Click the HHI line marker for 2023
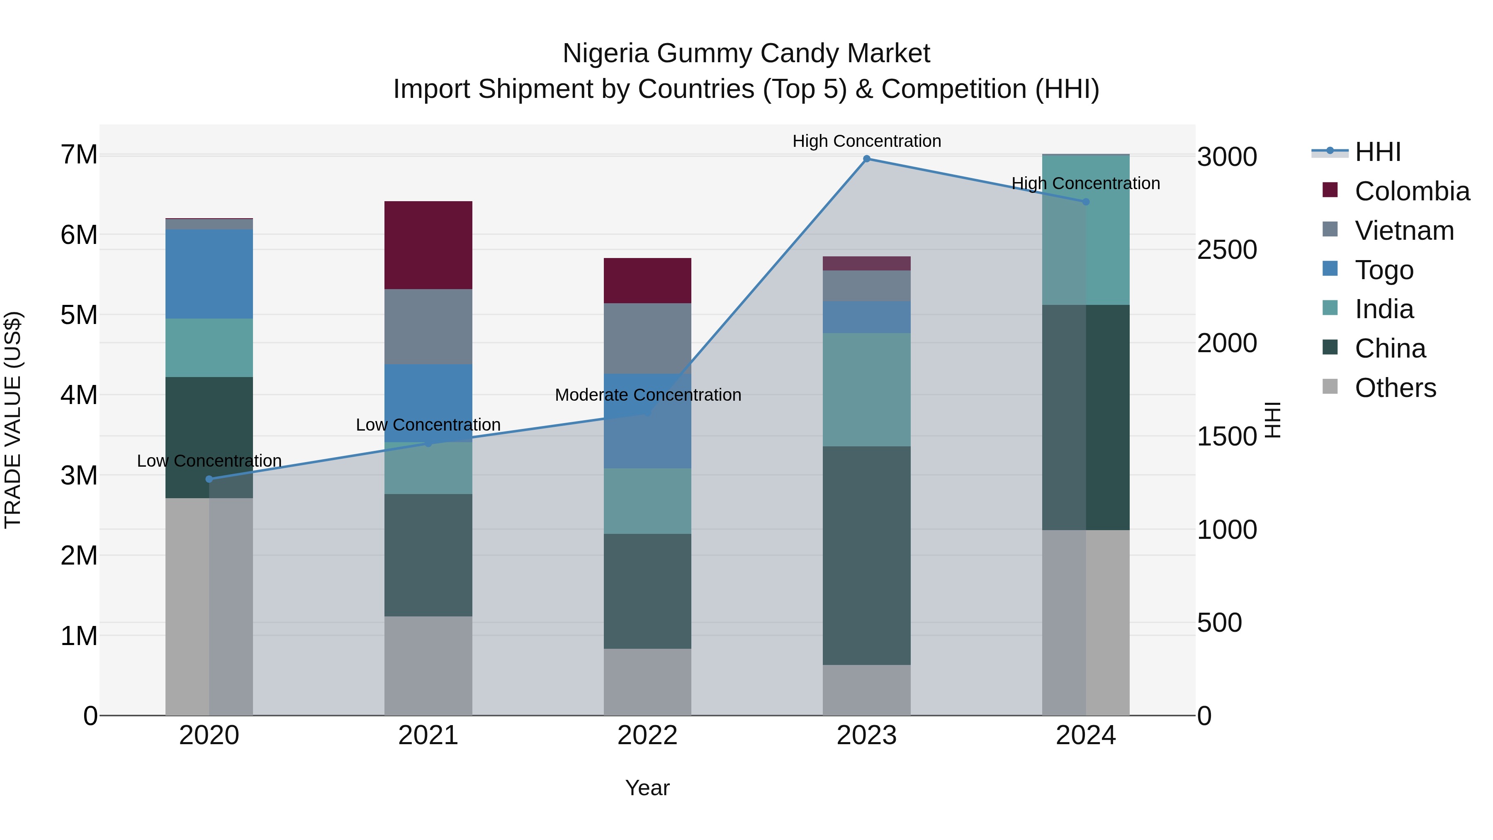click(x=866, y=159)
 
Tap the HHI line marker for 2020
click(x=209, y=479)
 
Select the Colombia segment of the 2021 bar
click(x=428, y=245)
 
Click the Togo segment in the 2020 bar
click(x=209, y=274)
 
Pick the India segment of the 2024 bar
click(x=1086, y=229)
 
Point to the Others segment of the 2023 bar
click(x=866, y=690)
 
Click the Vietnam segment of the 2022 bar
click(x=647, y=338)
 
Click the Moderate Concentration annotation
click(x=647, y=395)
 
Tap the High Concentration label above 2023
click(x=866, y=141)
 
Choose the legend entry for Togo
click(x=1384, y=270)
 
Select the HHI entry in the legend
click(x=1377, y=152)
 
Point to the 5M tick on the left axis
click(x=79, y=315)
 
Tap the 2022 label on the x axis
click(x=647, y=735)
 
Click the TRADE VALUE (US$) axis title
click(x=13, y=420)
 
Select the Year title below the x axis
click(x=647, y=788)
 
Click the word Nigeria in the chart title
click(x=605, y=54)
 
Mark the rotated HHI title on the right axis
click(x=1273, y=420)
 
